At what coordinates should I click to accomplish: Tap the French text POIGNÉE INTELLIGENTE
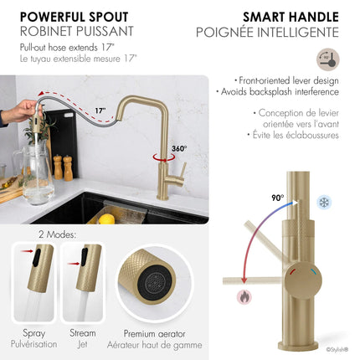[279, 33]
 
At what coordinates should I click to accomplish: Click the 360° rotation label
[179, 149]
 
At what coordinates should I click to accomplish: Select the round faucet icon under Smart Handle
[328, 59]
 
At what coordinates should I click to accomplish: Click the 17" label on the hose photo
[100, 111]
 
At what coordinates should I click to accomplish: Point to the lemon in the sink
[107, 219]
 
